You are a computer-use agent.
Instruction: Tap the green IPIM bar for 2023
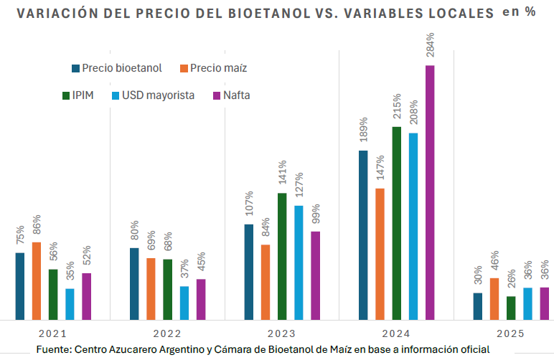tap(282, 256)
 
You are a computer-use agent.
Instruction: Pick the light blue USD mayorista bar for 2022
tap(184, 303)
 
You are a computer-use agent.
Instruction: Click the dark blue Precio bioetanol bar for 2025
tap(478, 305)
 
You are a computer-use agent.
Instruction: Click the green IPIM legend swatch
tap(67, 95)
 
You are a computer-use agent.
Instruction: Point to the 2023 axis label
tap(281, 333)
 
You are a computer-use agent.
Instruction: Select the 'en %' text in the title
tap(519, 13)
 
